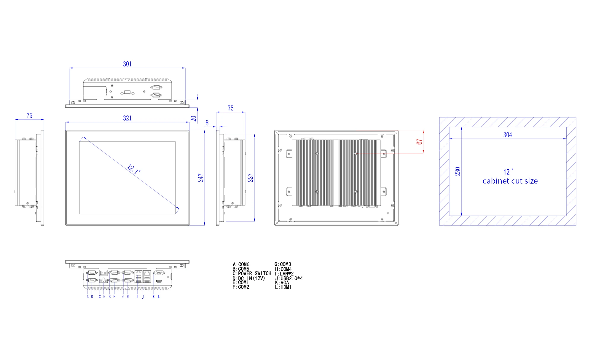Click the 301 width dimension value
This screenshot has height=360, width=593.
127,64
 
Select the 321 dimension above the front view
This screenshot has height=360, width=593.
127,118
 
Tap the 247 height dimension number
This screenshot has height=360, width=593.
201,178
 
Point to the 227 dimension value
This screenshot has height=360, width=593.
251,178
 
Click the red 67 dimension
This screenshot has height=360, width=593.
419,142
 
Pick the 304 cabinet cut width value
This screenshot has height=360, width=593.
508,135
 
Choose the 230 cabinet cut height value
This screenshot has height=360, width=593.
458,171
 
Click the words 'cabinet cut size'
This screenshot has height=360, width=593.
510,181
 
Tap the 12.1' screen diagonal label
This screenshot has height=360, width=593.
134,169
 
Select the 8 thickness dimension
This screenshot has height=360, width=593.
207,123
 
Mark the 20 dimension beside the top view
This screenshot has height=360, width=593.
194,119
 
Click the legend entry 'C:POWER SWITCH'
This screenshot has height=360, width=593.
252,273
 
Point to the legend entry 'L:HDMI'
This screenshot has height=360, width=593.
283,287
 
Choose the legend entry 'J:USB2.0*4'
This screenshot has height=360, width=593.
289,278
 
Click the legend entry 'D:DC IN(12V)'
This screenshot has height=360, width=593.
249,278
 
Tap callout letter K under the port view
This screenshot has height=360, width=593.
154,297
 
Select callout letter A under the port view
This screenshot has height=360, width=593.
88,297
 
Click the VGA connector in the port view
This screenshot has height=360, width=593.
159,273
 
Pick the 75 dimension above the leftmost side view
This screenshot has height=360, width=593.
29,116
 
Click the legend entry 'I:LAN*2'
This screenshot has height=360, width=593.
284,274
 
